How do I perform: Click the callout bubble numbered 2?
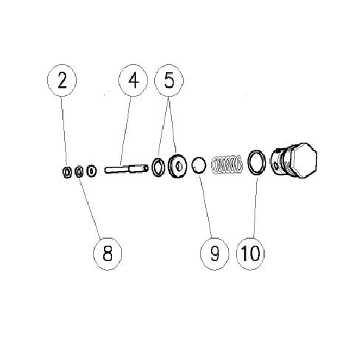[x=62, y=80]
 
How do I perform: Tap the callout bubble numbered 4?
[x=133, y=80]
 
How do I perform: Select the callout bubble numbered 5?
[x=169, y=80]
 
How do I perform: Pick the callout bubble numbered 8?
[x=108, y=254]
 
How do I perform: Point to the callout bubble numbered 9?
[x=215, y=254]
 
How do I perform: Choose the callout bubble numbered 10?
[x=251, y=254]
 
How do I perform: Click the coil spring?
[x=227, y=165]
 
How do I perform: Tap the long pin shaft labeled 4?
[x=127, y=169]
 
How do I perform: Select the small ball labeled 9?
[x=199, y=165]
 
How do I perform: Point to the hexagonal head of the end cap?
[x=303, y=160]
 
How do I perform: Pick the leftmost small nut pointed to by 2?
[x=66, y=173]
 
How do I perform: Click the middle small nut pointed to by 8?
[x=78, y=172]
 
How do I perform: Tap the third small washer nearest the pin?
[x=91, y=171]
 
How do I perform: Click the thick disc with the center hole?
[x=177, y=166]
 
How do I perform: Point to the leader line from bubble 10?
[x=255, y=207]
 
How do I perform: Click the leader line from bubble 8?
[x=89, y=207]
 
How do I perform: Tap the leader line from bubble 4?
[x=125, y=131]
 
